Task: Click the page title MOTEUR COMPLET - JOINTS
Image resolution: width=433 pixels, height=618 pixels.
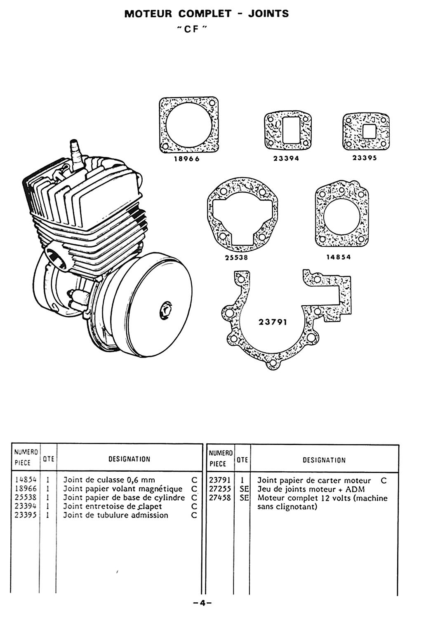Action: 207,14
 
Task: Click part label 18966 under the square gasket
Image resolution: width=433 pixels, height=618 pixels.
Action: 186,159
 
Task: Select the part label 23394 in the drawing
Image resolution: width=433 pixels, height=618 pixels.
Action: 287,159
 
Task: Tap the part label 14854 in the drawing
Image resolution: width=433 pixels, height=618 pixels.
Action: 338,257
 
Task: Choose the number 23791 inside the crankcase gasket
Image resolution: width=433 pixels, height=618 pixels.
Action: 273,322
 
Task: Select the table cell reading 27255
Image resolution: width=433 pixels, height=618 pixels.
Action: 221,489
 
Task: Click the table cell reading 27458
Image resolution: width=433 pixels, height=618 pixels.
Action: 221,498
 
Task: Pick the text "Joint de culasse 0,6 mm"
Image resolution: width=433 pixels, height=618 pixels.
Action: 109,480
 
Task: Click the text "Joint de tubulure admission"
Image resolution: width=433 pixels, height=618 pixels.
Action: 115,515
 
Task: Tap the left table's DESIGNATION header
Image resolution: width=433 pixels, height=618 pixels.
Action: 129,459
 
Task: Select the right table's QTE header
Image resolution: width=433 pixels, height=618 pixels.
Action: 243,460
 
